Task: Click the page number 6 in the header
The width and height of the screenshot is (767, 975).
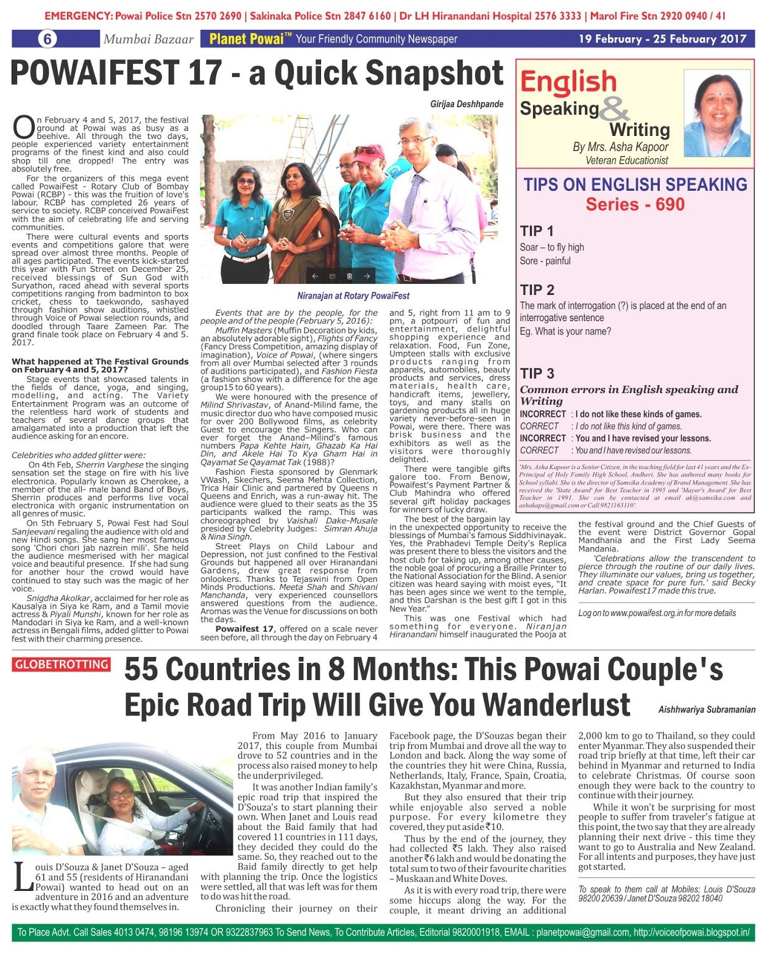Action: (x=47, y=39)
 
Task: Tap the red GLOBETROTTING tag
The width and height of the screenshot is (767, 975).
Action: (x=61, y=664)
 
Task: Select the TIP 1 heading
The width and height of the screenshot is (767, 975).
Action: (x=537, y=231)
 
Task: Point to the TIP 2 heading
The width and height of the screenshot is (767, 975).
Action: (x=537, y=289)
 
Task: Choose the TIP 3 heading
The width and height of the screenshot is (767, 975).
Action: (x=537, y=374)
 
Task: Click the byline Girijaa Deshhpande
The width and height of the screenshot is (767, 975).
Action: (x=467, y=104)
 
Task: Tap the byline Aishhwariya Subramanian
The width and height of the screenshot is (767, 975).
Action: (x=707, y=709)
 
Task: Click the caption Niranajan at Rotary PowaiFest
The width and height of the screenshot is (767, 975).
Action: (x=353, y=296)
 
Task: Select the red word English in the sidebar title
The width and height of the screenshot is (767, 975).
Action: (x=568, y=82)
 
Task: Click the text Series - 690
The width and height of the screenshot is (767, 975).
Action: (x=635, y=205)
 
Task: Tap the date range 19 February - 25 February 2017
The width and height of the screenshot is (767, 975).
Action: (x=662, y=39)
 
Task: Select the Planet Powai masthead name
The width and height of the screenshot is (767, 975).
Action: (x=246, y=39)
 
